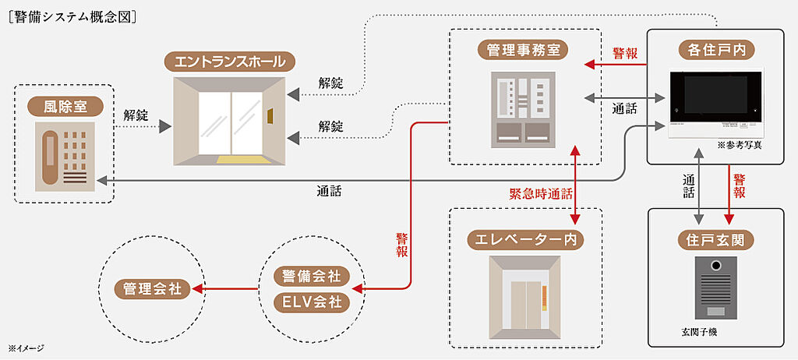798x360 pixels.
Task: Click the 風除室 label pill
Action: tap(64, 106)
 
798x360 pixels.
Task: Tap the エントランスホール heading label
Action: tap(231, 61)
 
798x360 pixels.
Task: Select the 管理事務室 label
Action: tap(524, 51)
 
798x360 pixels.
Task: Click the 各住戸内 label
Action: tap(715, 51)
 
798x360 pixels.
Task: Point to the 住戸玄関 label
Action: tap(716, 240)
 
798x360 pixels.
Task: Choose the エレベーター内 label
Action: tap(524, 239)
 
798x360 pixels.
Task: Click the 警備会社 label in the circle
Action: tap(311, 277)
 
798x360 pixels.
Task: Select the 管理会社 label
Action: tap(153, 288)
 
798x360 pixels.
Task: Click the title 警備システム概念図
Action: tap(75, 14)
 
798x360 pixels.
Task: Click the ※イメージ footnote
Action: tap(26, 348)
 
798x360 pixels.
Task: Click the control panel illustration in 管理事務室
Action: tap(524, 110)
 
